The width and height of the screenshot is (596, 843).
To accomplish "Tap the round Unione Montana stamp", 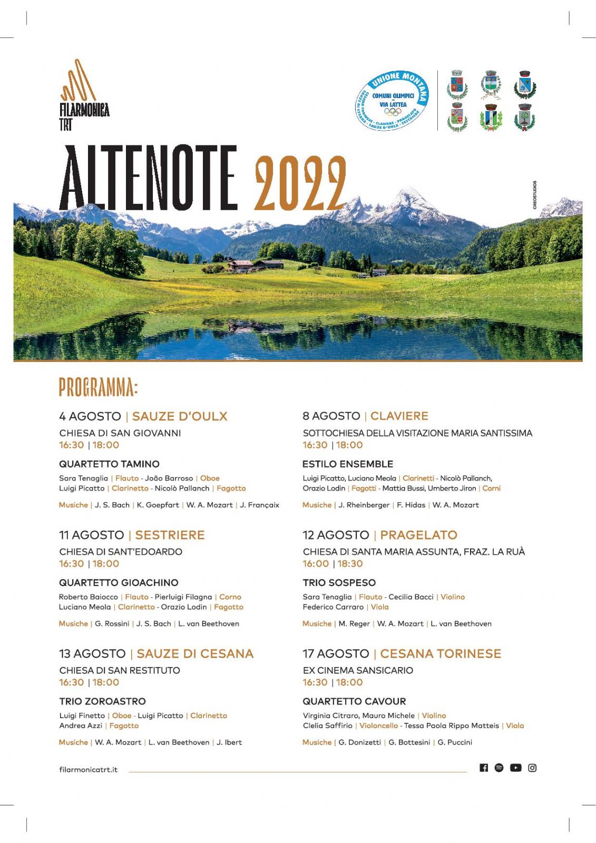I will pos(393,101).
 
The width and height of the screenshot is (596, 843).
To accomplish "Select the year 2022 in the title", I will pos(299,184).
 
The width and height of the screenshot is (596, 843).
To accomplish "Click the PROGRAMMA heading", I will pos(99,387).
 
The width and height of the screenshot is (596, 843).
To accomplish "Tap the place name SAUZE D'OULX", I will pos(180,416).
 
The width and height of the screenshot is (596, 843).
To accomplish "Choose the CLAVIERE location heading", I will pos(399,416).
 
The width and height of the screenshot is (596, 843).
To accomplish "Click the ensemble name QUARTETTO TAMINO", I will pos(109,464).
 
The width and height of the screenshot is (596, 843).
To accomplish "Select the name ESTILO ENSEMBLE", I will pos(348,464).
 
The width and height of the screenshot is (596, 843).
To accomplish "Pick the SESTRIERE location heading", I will pos(170,535).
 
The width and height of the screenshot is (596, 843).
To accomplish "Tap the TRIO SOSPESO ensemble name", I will pos(339,583).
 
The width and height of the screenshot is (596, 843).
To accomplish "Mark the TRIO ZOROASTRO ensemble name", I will pos(102,701).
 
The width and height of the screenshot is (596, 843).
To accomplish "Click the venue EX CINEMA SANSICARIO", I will pos(358,670).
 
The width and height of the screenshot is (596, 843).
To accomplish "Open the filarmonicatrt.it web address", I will pos(89,770).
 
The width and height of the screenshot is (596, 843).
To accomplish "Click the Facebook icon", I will pos(484,768).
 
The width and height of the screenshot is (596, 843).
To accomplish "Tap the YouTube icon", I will pos(515,768).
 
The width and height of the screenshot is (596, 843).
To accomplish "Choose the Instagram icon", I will pos(532,768).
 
